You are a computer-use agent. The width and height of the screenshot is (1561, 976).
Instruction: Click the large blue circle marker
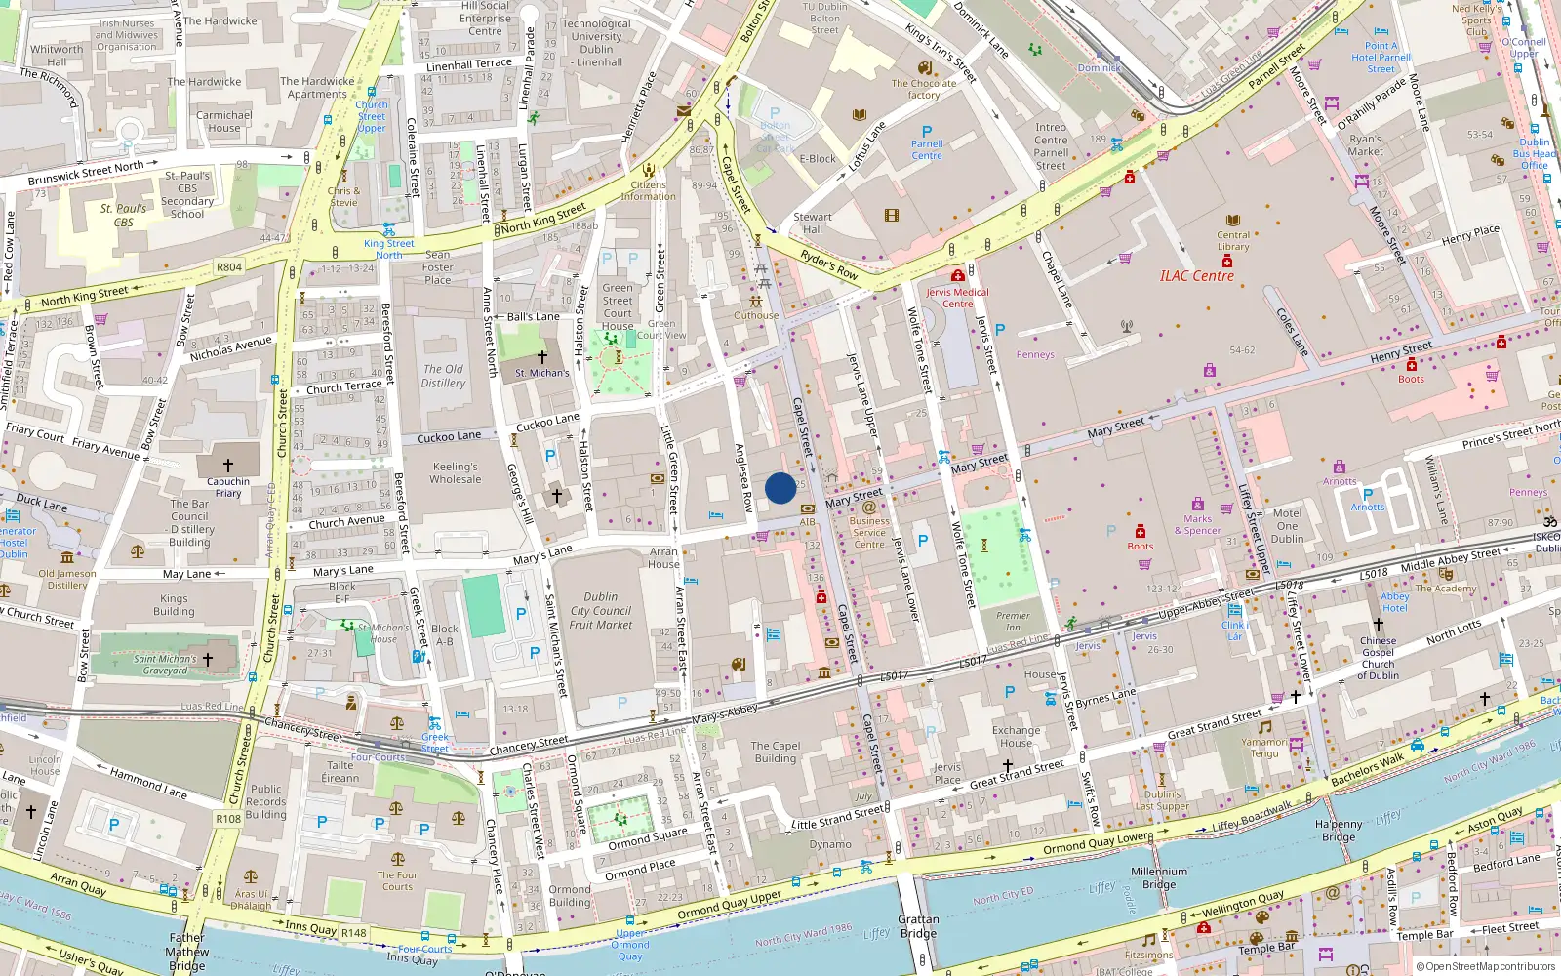pos(780,488)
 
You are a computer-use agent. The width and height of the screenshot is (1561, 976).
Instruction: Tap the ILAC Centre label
pos(1197,276)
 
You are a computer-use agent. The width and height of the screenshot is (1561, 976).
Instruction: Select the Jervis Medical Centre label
pos(957,298)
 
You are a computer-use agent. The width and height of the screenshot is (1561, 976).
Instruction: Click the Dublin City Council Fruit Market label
pos(601,610)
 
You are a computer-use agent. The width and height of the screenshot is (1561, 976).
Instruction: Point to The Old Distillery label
pos(443,376)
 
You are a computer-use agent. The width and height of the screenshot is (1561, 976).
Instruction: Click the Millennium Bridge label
pos(1159,877)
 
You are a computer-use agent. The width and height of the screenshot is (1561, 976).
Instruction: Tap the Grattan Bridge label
pos(918,926)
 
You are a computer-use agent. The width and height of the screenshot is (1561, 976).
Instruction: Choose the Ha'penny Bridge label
pos(1339,831)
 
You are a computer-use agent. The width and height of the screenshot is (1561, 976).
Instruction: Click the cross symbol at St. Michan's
pos(542,357)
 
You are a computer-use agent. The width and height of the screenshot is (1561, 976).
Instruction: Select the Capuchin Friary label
pos(228,487)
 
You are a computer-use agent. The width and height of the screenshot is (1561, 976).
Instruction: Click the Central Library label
pos(1233,240)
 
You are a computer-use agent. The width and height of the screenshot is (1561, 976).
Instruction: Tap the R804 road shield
pos(229,266)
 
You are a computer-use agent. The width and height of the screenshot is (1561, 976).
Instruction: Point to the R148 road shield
pos(353,933)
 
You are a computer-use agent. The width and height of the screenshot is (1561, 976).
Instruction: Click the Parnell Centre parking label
pos(927,149)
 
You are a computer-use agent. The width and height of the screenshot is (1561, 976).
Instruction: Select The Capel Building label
pos(776,752)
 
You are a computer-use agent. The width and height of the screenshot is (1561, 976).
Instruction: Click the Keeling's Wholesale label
pos(456,472)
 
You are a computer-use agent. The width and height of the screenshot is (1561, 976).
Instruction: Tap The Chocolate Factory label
pos(923,89)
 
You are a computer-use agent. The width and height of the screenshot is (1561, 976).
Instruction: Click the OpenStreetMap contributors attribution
pos(1485,966)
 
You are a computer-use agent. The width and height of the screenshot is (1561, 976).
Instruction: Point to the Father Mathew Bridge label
pos(186,952)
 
